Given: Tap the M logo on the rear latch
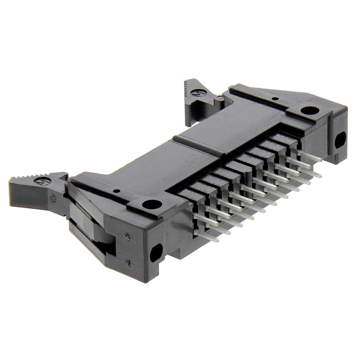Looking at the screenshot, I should (x=198, y=93).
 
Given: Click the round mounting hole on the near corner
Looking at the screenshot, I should (x=152, y=204).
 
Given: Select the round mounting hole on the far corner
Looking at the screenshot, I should (x=310, y=110).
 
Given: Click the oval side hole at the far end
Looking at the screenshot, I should (x=340, y=140).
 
